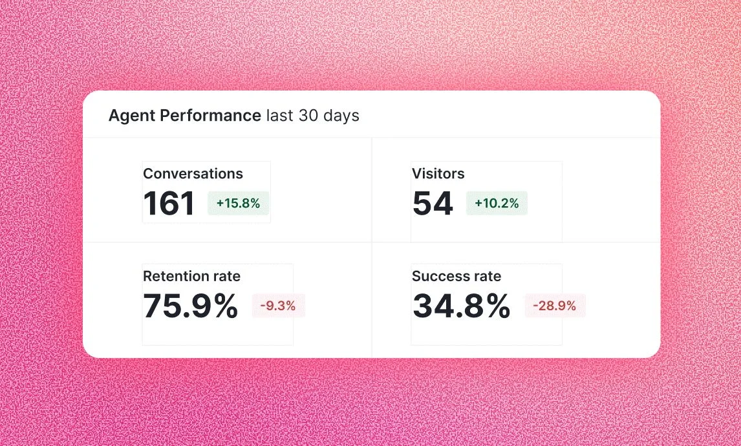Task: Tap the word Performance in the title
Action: (210, 116)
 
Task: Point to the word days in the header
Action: (341, 116)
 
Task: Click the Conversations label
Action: (193, 174)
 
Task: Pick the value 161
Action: (169, 204)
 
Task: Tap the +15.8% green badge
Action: (238, 204)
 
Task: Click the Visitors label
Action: (438, 174)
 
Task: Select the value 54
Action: (433, 204)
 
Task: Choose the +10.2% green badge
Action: (497, 204)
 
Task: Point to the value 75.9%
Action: (190, 306)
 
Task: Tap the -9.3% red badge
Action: (278, 306)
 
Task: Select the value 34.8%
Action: (461, 306)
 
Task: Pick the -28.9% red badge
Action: (555, 306)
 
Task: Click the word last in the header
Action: (280, 116)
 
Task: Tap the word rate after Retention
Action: (226, 277)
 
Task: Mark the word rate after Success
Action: (488, 277)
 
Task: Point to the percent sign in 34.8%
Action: (496, 306)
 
